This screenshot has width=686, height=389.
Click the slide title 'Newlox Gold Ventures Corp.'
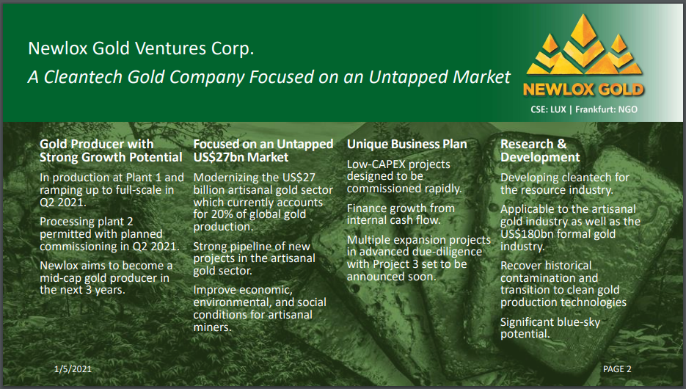(x=141, y=48)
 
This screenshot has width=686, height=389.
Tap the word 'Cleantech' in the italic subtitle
(x=83, y=77)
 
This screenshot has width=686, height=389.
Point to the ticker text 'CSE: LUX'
(x=548, y=109)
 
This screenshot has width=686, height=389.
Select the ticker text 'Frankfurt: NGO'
(x=606, y=109)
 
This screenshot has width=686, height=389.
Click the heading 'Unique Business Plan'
(x=407, y=144)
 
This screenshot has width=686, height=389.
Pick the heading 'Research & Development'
(x=540, y=150)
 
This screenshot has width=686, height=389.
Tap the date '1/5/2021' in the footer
(x=73, y=369)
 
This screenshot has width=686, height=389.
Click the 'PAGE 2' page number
(x=617, y=369)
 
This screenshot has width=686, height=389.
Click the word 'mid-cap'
(x=60, y=278)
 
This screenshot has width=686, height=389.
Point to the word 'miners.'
(x=212, y=327)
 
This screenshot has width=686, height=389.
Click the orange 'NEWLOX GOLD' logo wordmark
(x=583, y=90)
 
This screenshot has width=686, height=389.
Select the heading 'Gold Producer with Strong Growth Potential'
(x=111, y=150)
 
